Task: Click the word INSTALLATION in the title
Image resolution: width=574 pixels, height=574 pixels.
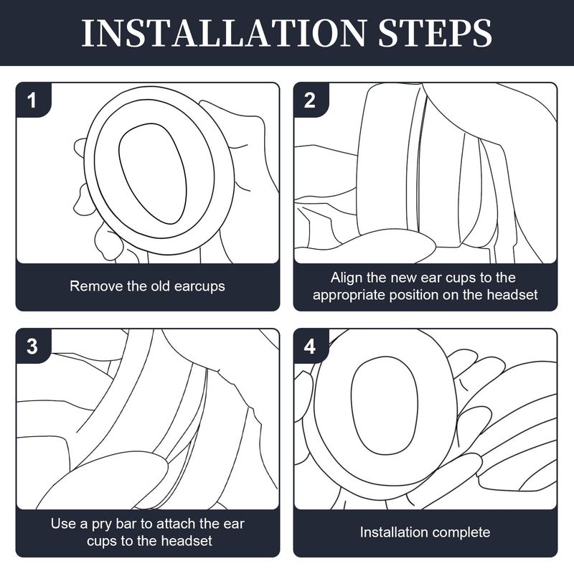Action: (224, 33)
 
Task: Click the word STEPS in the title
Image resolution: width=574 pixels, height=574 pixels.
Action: (436, 33)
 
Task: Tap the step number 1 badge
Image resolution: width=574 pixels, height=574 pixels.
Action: (32, 100)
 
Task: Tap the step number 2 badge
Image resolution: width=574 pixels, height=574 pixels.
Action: (310, 100)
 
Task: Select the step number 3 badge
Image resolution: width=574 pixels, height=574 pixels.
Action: (32, 347)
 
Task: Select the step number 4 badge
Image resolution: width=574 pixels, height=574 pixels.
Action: (310, 347)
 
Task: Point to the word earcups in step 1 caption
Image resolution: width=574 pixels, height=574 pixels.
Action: (199, 286)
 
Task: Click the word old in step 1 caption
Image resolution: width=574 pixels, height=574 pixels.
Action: (161, 286)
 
